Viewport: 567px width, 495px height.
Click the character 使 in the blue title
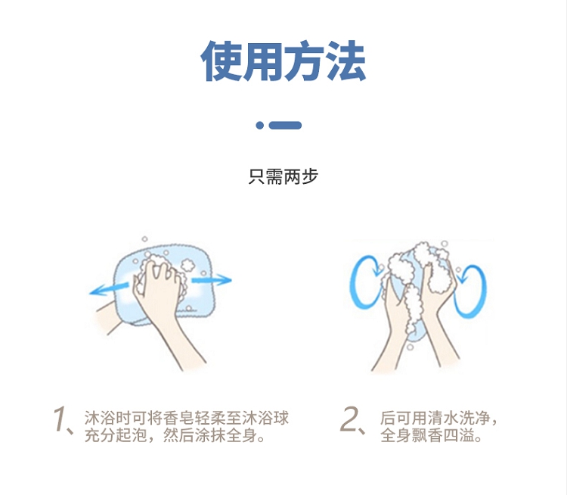(x=222, y=61)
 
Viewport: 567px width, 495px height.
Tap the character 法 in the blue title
(x=346, y=61)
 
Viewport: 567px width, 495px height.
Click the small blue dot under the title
(x=259, y=126)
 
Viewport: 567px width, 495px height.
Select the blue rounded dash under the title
(x=285, y=126)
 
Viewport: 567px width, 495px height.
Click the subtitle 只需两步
(x=283, y=176)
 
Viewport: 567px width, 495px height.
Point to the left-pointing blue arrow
(x=109, y=289)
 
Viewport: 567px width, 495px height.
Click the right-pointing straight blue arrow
(x=212, y=280)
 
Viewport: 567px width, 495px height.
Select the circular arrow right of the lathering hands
(x=470, y=291)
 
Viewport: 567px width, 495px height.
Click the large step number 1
(x=59, y=419)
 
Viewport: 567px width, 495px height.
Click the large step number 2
(x=349, y=419)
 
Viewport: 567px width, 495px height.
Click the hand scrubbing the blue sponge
(x=159, y=294)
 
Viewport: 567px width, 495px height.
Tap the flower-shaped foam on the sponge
(x=187, y=265)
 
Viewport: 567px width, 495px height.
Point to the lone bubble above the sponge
(x=144, y=238)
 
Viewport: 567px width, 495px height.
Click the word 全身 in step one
(x=242, y=435)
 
